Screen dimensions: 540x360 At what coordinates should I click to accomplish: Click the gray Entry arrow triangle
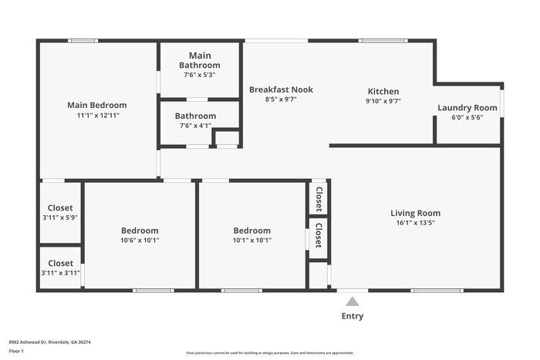pyautogui.click(x=353, y=301)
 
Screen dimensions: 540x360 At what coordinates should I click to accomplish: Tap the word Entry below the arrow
pyautogui.click(x=353, y=316)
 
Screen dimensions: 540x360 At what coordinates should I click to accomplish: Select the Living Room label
pyautogui.click(x=415, y=213)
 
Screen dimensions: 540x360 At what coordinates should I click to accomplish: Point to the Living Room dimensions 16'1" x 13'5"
pyautogui.click(x=415, y=223)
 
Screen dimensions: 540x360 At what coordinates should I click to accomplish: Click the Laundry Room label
pyautogui.click(x=467, y=108)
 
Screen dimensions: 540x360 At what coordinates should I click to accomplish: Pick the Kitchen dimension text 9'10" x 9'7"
pyautogui.click(x=383, y=101)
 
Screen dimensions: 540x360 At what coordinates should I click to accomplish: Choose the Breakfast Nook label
pyautogui.click(x=281, y=89)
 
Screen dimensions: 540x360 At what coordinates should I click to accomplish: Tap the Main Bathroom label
pyautogui.click(x=200, y=60)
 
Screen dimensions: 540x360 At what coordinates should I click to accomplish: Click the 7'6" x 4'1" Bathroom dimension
pyautogui.click(x=195, y=126)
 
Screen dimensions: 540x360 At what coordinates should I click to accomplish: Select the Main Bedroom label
pyautogui.click(x=96, y=105)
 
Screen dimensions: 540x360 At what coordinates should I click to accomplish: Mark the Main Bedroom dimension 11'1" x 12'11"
pyautogui.click(x=98, y=116)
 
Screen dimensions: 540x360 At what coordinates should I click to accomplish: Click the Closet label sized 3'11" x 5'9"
pyautogui.click(x=60, y=208)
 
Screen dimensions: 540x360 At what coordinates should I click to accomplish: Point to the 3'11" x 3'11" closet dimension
pyautogui.click(x=61, y=273)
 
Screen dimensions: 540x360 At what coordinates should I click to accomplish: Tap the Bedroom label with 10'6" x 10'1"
pyautogui.click(x=140, y=230)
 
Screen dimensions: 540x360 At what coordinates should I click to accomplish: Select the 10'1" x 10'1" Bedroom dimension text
pyautogui.click(x=252, y=241)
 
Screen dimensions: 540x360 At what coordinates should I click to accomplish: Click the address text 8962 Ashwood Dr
pyautogui.click(x=28, y=342)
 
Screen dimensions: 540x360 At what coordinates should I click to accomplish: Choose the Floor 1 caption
pyautogui.click(x=16, y=351)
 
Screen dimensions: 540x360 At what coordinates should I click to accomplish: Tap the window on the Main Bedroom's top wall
pyautogui.click(x=83, y=41)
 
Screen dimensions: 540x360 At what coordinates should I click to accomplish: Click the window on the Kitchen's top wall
pyautogui.click(x=383, y=41)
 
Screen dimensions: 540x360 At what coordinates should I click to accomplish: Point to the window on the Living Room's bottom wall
pyautogui.click(x=437, y=291)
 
